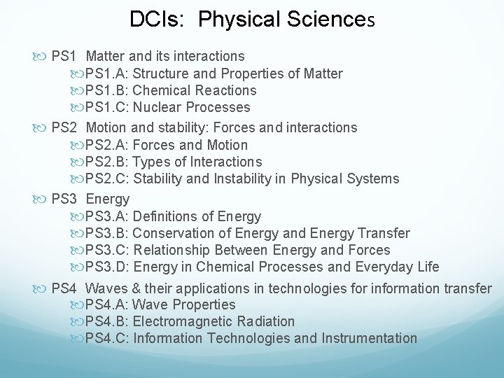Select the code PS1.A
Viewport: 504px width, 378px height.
click(x=106, y=73)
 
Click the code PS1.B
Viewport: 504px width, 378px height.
click(x=106, y=90)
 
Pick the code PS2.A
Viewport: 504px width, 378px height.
click(x=106, y=145)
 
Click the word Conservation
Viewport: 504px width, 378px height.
click(x=174, y=233)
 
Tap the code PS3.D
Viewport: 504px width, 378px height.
click(x=106, y=267)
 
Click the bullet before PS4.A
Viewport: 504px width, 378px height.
click(x=77, y=305)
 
